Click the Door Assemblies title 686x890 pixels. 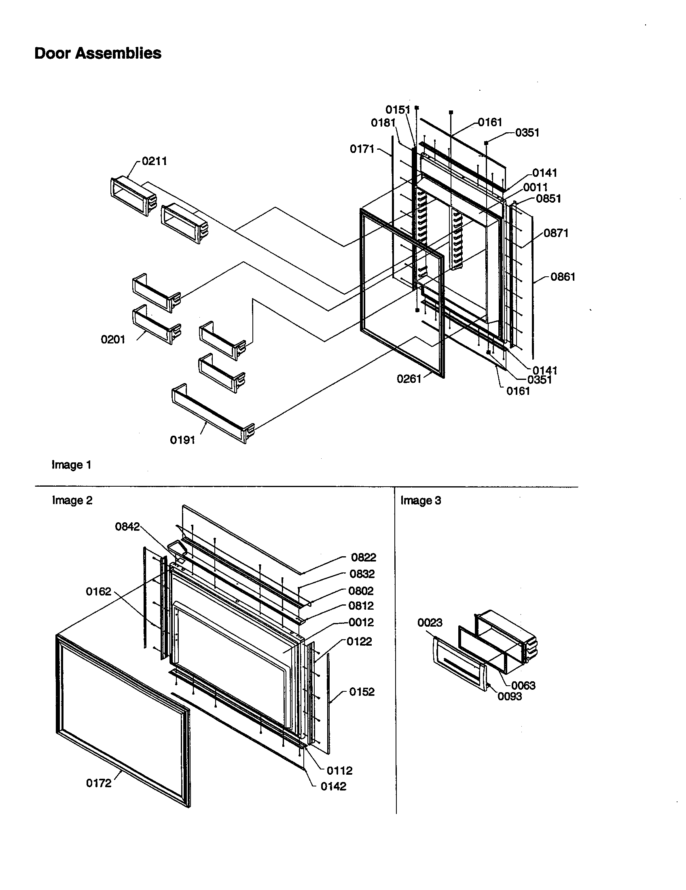click(98, 53)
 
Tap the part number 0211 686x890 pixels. click(155, 161)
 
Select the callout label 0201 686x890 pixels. click(113, 339)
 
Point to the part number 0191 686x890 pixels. click(182, 440)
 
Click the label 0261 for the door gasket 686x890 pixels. click(409, 379)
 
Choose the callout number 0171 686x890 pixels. click(362, 149)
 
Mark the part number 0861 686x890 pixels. click(563, 277)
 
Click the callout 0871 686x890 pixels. click(556, 233)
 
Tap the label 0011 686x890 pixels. click(535, 187)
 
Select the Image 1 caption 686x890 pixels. click(71, 465)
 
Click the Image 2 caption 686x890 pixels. click(72, 500)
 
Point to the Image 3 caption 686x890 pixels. click(420, 500)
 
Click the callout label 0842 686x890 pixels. click(127, 527)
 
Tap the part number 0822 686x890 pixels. click(363, 557)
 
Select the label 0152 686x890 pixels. click(362, 691)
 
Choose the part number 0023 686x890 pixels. click(430, 623)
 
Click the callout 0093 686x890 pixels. click(510, 696)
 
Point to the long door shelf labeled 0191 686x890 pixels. click(212, 413)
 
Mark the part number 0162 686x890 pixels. click(98, 591)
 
